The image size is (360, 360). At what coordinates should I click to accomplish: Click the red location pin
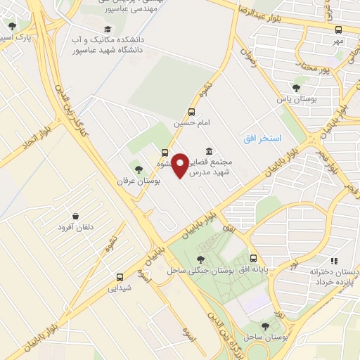pyautogui.click(x=181, y=165)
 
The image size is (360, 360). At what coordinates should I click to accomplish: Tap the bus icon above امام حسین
pyautogui.click(x=191, y=111)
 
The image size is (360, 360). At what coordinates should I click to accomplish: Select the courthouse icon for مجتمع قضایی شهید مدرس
pyautogui.click(x=210, y=152)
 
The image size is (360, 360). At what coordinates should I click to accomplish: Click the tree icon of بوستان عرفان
pyautogui.click(x=139, y=169)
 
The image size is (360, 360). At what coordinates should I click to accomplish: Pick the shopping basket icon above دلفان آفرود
pyautogui.click(x=75, y=216)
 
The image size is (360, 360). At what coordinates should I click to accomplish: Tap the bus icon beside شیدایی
pyautogui.click(x=120, y=276)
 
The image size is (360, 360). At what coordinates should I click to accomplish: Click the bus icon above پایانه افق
pyautogui.click(x=252, y=258)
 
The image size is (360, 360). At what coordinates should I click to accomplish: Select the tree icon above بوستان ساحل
pyautogui.click(x=265, y=326)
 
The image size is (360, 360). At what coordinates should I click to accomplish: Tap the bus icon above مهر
pyautogui.click(x=339, y=30)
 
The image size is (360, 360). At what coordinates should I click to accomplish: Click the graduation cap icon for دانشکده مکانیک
pyautogui.click(x=107, y=29)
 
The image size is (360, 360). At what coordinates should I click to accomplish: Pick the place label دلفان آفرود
pyautogui.click(x=75, y=227)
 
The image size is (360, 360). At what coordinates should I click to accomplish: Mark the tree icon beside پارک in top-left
pyautogui.click(x=12, y=26)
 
